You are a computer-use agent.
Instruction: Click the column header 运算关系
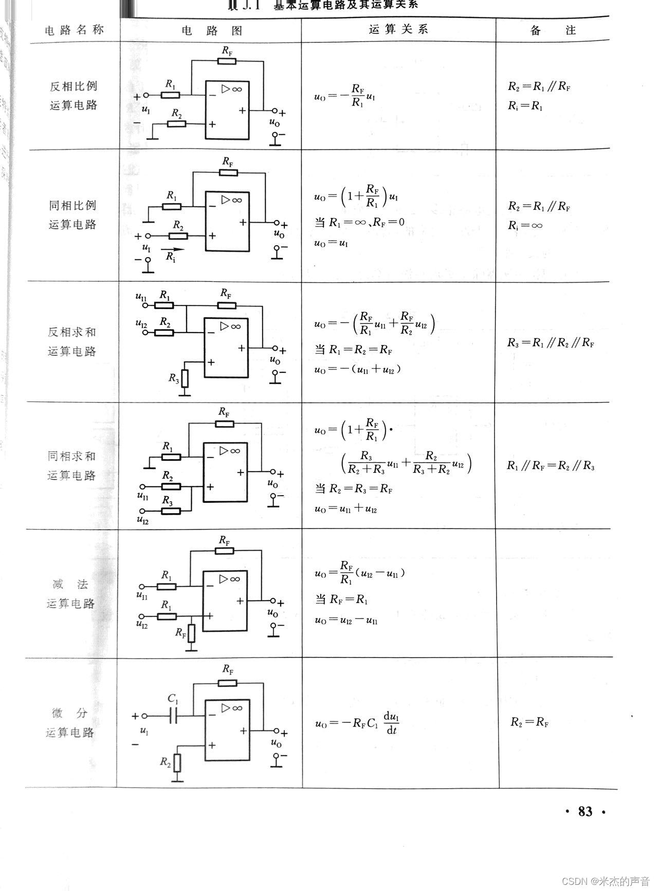tap(398, 30)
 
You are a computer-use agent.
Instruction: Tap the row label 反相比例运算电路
tap(73, 96)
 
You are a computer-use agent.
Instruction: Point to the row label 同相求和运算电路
tap(71, 465)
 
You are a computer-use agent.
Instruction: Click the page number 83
tap(585, 811)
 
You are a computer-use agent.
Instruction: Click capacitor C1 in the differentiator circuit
tap(173, 715)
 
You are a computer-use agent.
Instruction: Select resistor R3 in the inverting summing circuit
tap(185, 378)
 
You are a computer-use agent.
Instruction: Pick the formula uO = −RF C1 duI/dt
tap(358, 723)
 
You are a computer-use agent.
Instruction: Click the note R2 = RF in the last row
tap(529, 722)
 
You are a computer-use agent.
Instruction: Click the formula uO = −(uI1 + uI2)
tap(358, 369)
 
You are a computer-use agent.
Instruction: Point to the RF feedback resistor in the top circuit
tap(227, 61)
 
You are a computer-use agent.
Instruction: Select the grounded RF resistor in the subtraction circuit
tap(191, 633)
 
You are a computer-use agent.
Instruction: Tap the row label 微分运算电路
tap(70, 722)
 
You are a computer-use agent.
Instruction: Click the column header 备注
tap(553, 30)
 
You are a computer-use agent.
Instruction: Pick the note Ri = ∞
tap(525, 225)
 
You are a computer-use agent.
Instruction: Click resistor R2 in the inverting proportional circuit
tap(177, 124)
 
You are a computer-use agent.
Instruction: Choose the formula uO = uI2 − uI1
tap(346, 620)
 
